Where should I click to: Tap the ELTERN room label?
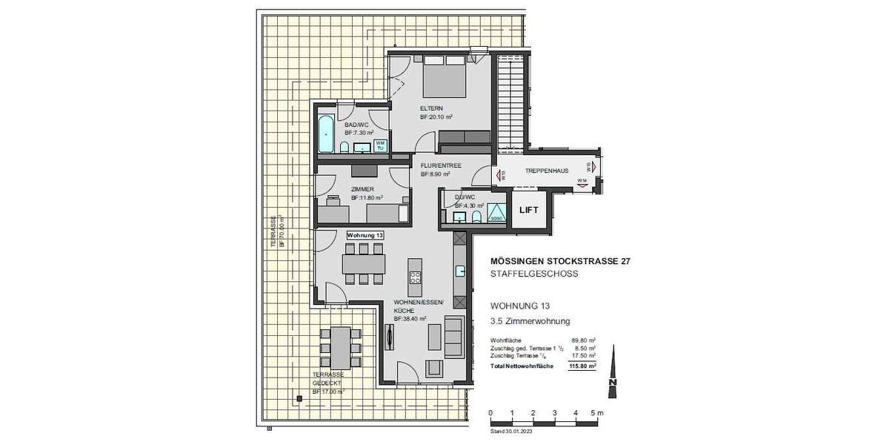pos(432,108)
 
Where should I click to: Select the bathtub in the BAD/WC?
pos(326,134)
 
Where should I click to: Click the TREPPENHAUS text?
pos(547,171)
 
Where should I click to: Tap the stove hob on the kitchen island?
pos(415,278)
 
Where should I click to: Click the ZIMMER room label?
pos(362,190)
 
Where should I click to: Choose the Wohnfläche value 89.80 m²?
pos(585,340)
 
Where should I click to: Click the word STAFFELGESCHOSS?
pos(534,274)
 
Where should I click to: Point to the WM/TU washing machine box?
pos(380,145)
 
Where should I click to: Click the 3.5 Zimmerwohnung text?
pos(530,322)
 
